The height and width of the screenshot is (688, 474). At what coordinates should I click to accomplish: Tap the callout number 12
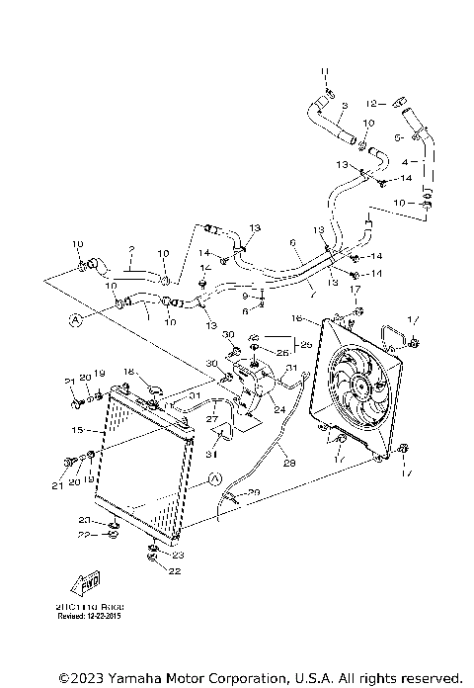tap(371, 102)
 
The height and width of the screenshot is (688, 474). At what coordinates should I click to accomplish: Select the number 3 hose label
tap(344, 105)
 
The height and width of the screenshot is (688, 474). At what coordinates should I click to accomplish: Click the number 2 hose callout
tap(130, 251)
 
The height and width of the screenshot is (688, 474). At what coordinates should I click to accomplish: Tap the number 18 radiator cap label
tap(127, 371)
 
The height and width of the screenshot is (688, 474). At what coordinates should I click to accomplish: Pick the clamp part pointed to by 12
tap(398, 101)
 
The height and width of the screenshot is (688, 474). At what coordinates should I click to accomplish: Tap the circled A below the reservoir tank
tap(215, 479)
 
